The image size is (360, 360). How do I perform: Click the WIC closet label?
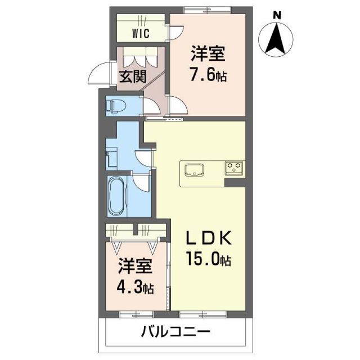click(x=141, y=33)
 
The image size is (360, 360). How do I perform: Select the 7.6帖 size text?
click(x=208, y=76)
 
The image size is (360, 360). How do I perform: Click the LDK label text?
click(x=209, y=238)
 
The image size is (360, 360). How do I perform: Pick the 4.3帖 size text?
click(x=135, y=287)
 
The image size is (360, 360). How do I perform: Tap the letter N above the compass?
click(x=276, y=15)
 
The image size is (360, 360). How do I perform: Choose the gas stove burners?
click(x=233, y=166)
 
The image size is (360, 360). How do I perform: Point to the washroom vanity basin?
click(x=111, y=156)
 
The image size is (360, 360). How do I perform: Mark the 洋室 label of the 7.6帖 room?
click(x=208, y=55)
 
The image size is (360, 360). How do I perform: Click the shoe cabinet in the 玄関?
click(x=141, y=57)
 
